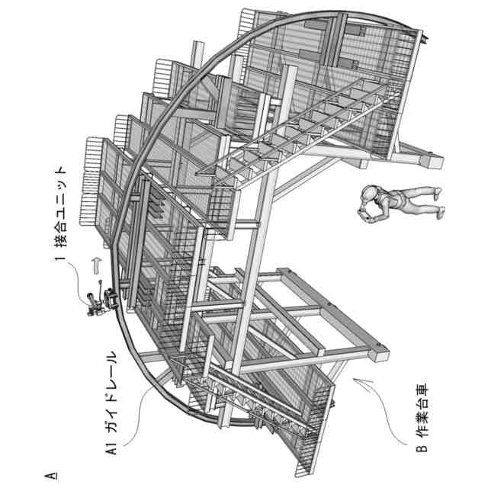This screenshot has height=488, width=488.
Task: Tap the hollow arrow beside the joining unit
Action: [x=95, y=265]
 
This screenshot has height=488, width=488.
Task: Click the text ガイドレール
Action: [x=109, y=386]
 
